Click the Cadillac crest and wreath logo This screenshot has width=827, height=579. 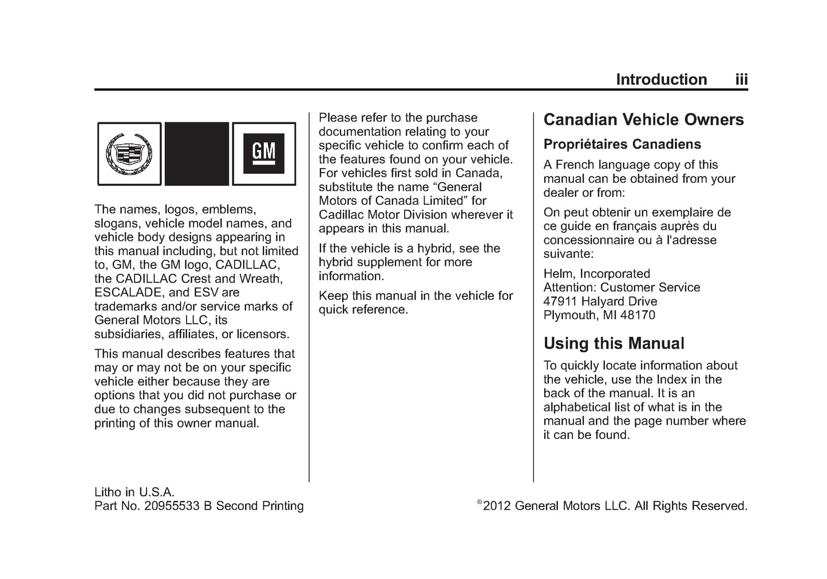(x=129, y=153)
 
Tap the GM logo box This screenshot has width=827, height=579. (x=264, y=153)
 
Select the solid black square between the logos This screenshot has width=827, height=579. (x=196, y=153)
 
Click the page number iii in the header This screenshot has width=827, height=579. (x=741, y=80)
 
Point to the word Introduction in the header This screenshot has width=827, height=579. (x=661, y=80)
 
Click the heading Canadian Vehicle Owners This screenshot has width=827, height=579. (x=643, y=120)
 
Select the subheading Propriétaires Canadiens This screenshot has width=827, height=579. (x=622, y=144)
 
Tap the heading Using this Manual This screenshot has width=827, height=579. (x=614, y=343)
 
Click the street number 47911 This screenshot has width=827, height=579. (x=561, y=302)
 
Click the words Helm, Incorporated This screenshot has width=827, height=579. (x=596, y=273)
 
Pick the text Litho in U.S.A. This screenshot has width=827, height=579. (x=134, y=492)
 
